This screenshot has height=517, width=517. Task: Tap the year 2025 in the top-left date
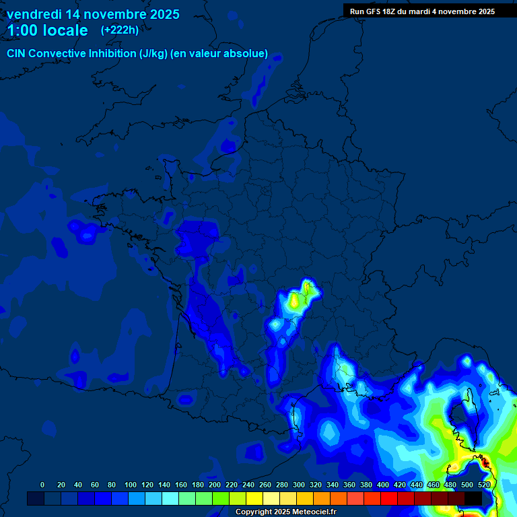coord(160,14)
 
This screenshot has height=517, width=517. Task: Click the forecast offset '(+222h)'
coord(120,30)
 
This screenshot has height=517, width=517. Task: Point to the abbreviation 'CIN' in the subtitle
coord(18,53)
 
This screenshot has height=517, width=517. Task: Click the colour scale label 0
coord(42,485)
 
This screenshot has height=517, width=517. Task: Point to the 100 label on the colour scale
coord(131,485)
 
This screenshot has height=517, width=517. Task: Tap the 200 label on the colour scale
coord(215,485)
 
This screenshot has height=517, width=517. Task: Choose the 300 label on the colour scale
coord(299,485)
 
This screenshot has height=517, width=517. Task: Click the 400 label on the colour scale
coord(383,485)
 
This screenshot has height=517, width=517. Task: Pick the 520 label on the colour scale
coord(484,485)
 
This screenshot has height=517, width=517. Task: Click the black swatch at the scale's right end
coord(473,498)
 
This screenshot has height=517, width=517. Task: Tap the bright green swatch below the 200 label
coord(221,498)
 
